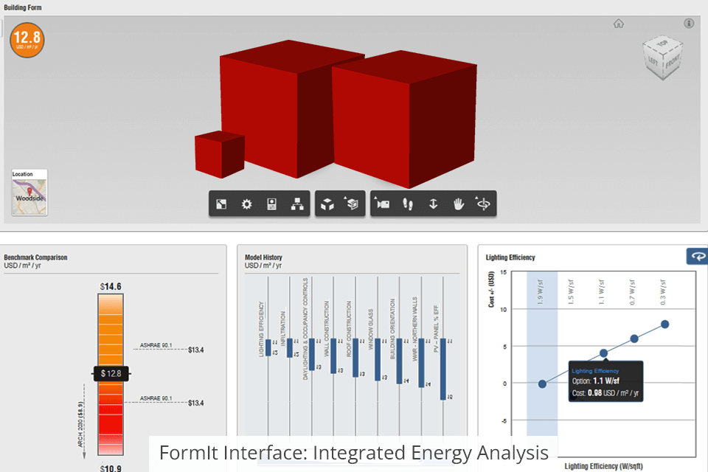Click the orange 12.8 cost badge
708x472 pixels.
click(27, 39)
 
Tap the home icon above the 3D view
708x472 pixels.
click(619, 24)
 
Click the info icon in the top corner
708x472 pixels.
click(689, 24)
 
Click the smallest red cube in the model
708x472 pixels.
click(219, 155)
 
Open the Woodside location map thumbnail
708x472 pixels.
click(29, 192)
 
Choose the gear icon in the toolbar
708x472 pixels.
click(247, 204)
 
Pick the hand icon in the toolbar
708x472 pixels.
click(458, 204)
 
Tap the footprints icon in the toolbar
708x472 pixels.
click(408, 204)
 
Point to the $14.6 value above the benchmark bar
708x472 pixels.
click(111, 286)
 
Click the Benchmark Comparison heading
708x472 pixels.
click(35, 257)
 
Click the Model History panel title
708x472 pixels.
click(263, 257)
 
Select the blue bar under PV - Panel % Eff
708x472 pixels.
click(443, 369)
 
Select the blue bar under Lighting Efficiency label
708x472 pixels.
click(268, 347)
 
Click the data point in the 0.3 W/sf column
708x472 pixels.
click(664, 324)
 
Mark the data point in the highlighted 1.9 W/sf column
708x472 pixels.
click(542, 383)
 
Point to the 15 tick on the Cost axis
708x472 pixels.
click(503, 272)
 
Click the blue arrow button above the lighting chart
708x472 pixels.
click(697, 256)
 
